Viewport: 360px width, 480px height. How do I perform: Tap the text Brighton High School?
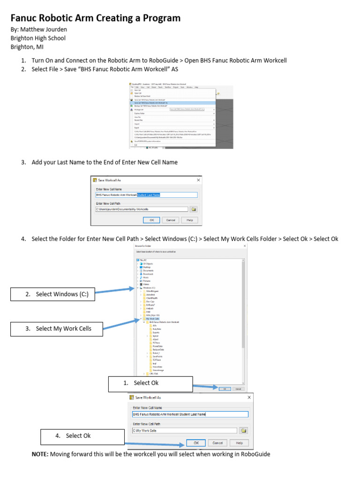[38, 38]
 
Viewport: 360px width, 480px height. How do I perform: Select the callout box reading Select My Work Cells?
[58, 329]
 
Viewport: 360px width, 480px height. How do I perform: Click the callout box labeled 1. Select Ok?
[150, 383]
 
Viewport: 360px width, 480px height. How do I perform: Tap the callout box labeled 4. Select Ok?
[82, 436]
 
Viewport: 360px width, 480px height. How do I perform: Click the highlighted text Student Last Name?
[149, 195]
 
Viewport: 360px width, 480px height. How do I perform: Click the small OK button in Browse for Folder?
[225, 389]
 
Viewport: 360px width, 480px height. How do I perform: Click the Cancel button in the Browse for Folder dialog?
[238, 389]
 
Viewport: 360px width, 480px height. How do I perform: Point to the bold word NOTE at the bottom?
[40, 454]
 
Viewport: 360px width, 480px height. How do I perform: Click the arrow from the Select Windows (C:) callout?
[115, 292]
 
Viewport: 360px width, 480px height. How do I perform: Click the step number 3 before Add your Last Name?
[23, 162]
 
